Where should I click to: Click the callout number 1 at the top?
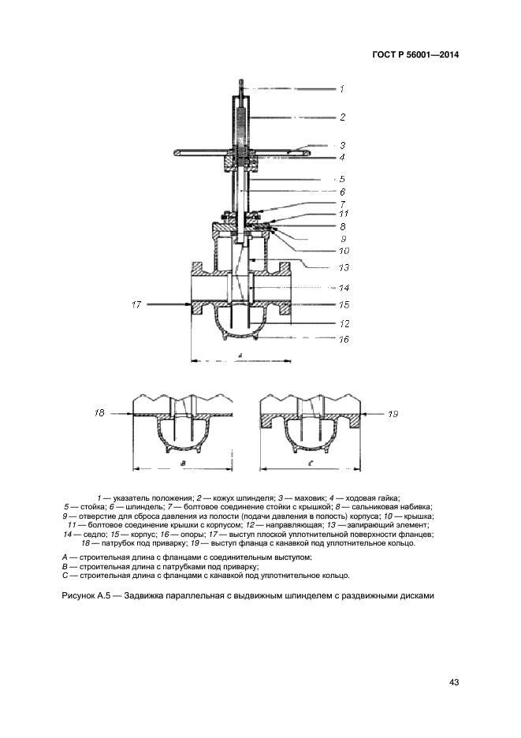click(x=343, y=88)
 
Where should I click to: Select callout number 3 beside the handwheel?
click(x=343, y=145)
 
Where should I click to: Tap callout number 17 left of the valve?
click(x=136, y=304)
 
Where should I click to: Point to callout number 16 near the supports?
click(x=343, y=340)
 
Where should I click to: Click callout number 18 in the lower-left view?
click(x=99, y=412)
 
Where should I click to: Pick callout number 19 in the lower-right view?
click(x=394, y=412)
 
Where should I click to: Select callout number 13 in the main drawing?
click(x=343, y=267)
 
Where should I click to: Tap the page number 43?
click(x=453, y=682)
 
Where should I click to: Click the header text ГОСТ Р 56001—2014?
click(x=415, y=55)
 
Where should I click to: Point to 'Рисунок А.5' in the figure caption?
click(x=86, y=595)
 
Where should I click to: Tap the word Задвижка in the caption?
click(x=146, y=595)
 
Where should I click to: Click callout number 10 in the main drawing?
click(x=343, y=251)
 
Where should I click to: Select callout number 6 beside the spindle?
click(x=343, y=192)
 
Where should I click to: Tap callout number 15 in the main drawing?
click(x=343, y=304)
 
